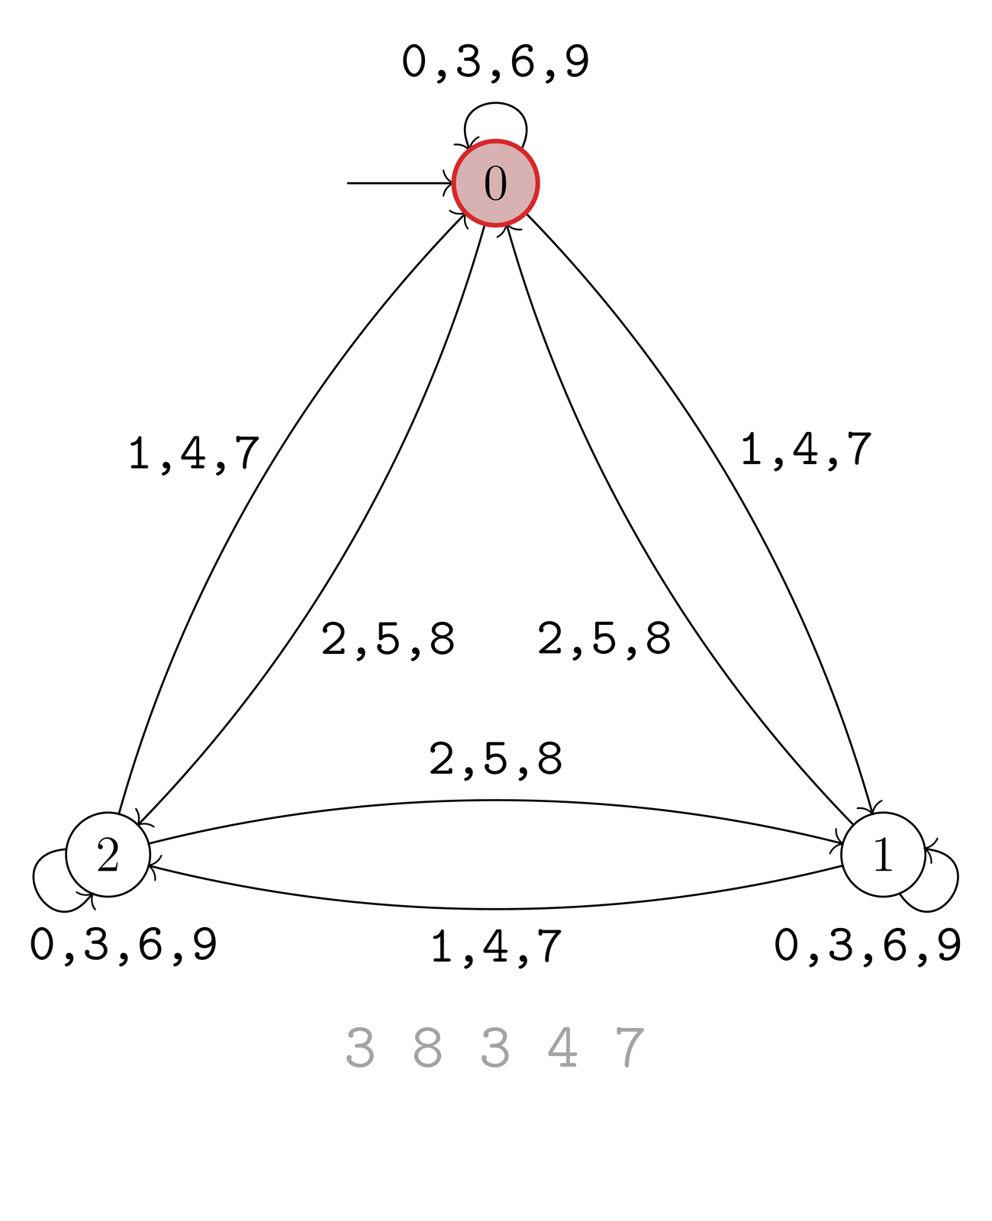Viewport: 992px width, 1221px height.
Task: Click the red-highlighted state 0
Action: click(x=495, y=183)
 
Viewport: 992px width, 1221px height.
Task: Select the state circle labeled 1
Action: click(x=883, y=855)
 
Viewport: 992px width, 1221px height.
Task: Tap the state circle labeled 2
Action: click(x=108, y=855)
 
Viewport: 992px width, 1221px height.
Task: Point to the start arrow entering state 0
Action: click(x=399, y=183)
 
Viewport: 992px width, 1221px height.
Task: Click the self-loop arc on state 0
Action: click(x=495, y=103)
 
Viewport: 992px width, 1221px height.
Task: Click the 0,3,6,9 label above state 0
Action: click(x=495, y=63)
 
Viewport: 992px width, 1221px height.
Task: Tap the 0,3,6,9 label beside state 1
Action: click(x=867, y=946)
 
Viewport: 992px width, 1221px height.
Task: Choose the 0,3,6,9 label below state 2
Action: click(x=123, y=946)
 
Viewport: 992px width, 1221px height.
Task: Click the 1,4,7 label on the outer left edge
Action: click(x=194, y=454)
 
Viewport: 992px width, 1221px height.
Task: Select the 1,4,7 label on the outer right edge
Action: click(x=806, y=450)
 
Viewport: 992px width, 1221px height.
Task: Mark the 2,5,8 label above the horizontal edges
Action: click(x=496, y=760)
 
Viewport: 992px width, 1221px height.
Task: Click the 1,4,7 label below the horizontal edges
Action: click(x=496, y=947)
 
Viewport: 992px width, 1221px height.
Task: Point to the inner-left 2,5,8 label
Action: click(x=388, y=639)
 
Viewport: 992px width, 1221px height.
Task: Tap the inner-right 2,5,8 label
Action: click(x=604, y=639)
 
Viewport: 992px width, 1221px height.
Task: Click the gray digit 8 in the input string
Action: click(x=427, y=1047)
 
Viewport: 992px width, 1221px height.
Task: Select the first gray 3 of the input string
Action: click(x=360, y=1047)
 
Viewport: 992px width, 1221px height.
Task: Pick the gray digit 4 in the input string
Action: click(x=562, y=1047)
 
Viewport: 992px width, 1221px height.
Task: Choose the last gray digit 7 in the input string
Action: click(x=630, y=1047)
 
